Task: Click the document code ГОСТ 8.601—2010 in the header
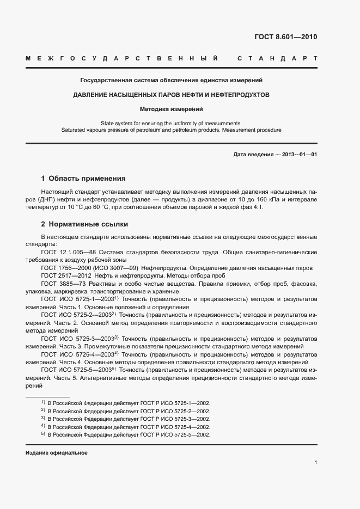pyautogui.click(x=285, y=37)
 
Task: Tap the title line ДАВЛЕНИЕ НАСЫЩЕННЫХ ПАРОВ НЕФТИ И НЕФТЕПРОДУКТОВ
pyautogui.click(x=171, y=95)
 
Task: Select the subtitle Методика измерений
pyautogui.click(x=171, y=109)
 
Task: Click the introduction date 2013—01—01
pyautogui.click(x=297, y=155)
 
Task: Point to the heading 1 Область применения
pyautogui.click(x=83, y=178)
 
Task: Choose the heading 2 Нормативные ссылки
pyautogui.click(x=84, y=224)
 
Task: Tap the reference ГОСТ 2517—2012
pyautogui.click(x=66, y=276)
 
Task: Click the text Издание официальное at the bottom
pyautogui.click(x=57, y=453)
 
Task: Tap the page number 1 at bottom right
pyautogui.click(x=315, y=463)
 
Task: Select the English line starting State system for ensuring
pyautogui.click(x=171, y=123)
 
